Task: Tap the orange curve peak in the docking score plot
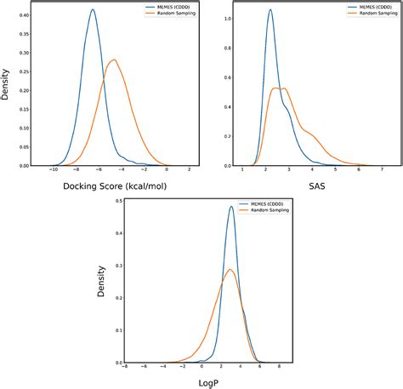point(112,60)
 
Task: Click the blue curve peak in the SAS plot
point(270,10)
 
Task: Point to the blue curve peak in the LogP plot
point(231,207)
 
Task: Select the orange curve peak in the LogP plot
point(229,270)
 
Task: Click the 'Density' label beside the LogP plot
point(103,282)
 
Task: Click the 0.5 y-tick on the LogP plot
point(118,202)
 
